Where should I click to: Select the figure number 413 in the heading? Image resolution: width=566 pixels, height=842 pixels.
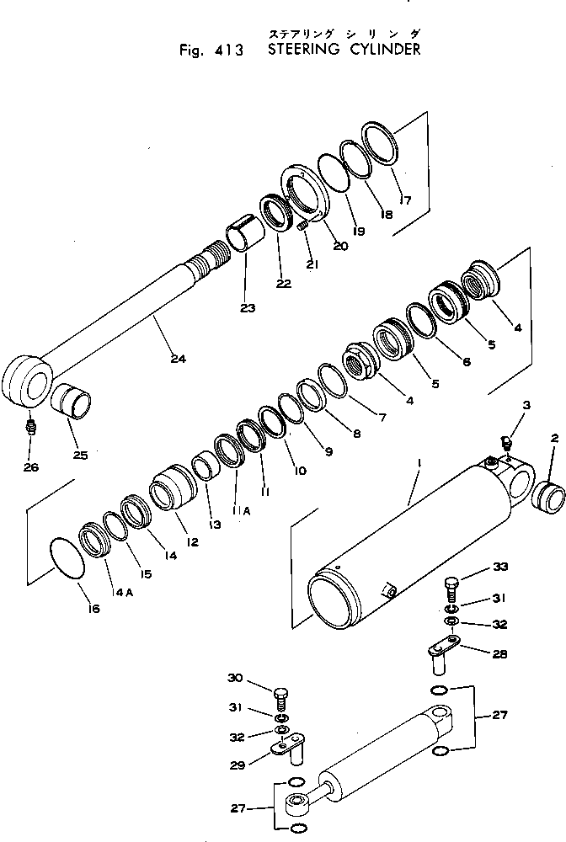(x=227, y=50)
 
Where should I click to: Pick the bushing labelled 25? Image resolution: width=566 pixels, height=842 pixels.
(x=72, y=401)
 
